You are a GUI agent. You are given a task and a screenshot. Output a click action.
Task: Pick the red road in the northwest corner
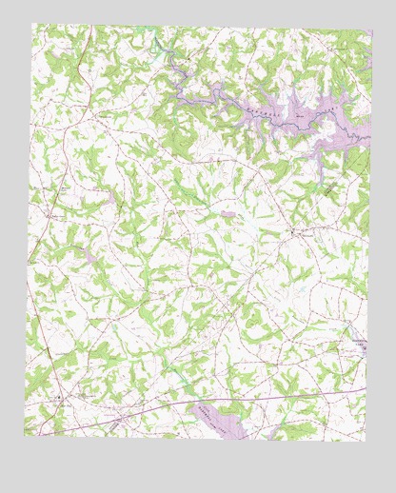pyautogui.click(x=84, y=67)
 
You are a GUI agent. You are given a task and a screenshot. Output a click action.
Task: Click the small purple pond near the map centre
pyautogui.click(x=228, y=215)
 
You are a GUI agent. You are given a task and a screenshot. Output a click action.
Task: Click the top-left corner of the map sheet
pyautogui.click(x=32, y=24)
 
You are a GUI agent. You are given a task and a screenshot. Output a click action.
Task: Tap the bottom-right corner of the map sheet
pyautogui.click(x=364, y=441)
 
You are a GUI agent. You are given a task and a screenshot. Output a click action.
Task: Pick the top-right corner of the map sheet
pyautogui.click(x=372, y=30)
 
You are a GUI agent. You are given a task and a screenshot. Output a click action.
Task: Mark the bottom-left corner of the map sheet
pyautogui.click(x=25, y=436)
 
